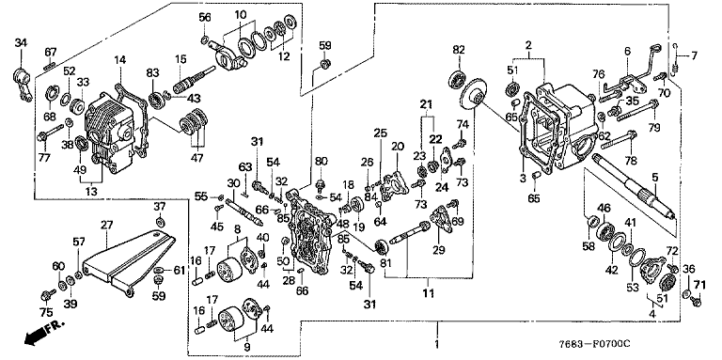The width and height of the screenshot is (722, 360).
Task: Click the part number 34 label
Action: [x=22, y=43]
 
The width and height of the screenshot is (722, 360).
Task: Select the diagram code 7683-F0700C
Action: [x=594, y=344]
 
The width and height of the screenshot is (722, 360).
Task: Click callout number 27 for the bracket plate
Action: [x=106, y=225]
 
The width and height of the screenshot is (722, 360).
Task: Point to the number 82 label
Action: [x=459, y=49]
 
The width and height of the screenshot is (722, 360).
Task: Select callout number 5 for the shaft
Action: [x=654, y=177]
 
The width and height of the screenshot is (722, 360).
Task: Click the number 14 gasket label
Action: [x=119, y=59]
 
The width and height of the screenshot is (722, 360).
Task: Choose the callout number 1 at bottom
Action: [x=437, y=344]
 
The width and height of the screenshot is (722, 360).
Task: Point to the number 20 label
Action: [x=398, y=147]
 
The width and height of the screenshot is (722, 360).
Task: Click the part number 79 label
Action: [x=654, y=128]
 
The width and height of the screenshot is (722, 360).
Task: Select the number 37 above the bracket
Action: [x=159, y=206]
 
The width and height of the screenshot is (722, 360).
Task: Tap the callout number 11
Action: [x=429, y=292]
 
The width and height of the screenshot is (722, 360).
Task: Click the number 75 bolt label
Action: [x=46, y=312]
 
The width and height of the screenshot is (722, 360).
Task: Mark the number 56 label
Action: [x=205, y=18]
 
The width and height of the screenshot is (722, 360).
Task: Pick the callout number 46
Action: [x=604, y=208]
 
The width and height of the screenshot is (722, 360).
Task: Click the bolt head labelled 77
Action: [x=42, y=135]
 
